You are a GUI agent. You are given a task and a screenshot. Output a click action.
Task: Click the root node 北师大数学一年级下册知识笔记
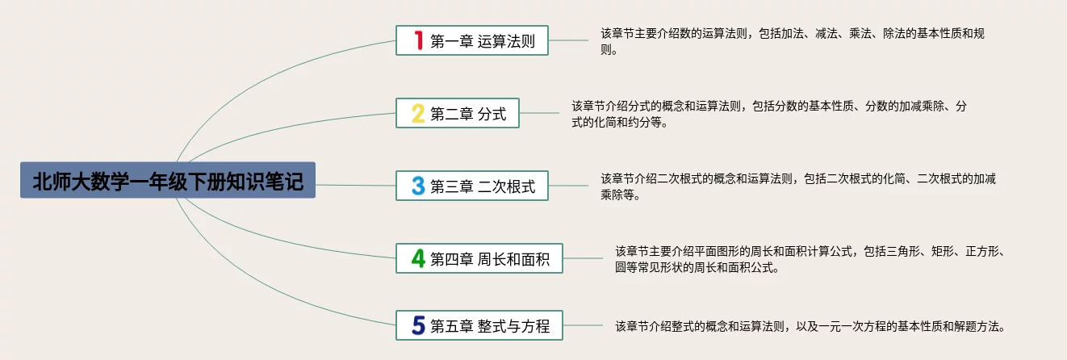tap(168, 181)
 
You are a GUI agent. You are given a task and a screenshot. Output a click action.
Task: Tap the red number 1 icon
tap(418, 40)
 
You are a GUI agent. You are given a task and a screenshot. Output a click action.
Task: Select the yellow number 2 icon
tap(418, 113)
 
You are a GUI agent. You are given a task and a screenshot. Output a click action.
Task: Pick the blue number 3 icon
tap(418, 186)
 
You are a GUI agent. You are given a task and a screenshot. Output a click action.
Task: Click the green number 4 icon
tap(418, 258)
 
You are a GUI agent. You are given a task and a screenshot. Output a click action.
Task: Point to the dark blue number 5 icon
tap(418, 325)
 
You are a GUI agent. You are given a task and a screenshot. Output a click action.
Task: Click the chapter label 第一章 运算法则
tap(483, 41)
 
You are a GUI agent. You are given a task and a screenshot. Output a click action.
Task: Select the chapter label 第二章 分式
tap(468, 114)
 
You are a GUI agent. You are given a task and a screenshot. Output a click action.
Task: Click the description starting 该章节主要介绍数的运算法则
tap(792, 41)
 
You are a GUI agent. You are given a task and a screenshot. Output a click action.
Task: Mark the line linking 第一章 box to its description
tap(569, 40)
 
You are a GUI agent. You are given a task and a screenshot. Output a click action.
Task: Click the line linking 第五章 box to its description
tap(584, 325)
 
